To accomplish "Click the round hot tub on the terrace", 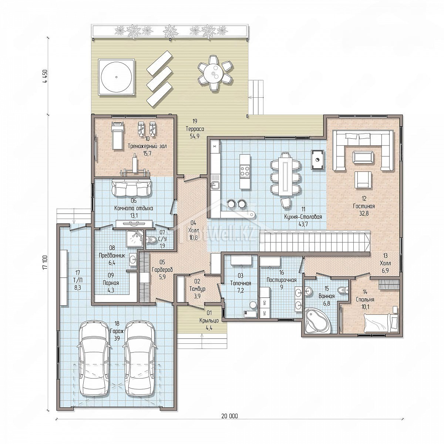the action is tap(116, 77).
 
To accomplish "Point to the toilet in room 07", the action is tap(151, 240).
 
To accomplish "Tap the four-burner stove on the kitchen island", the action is tap(245, 171).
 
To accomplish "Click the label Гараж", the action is tap(117, 331).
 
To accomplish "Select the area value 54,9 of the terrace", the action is tap(195, 136).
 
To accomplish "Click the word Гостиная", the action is tap(364, 206).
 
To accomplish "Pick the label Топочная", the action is tap(240, 283).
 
